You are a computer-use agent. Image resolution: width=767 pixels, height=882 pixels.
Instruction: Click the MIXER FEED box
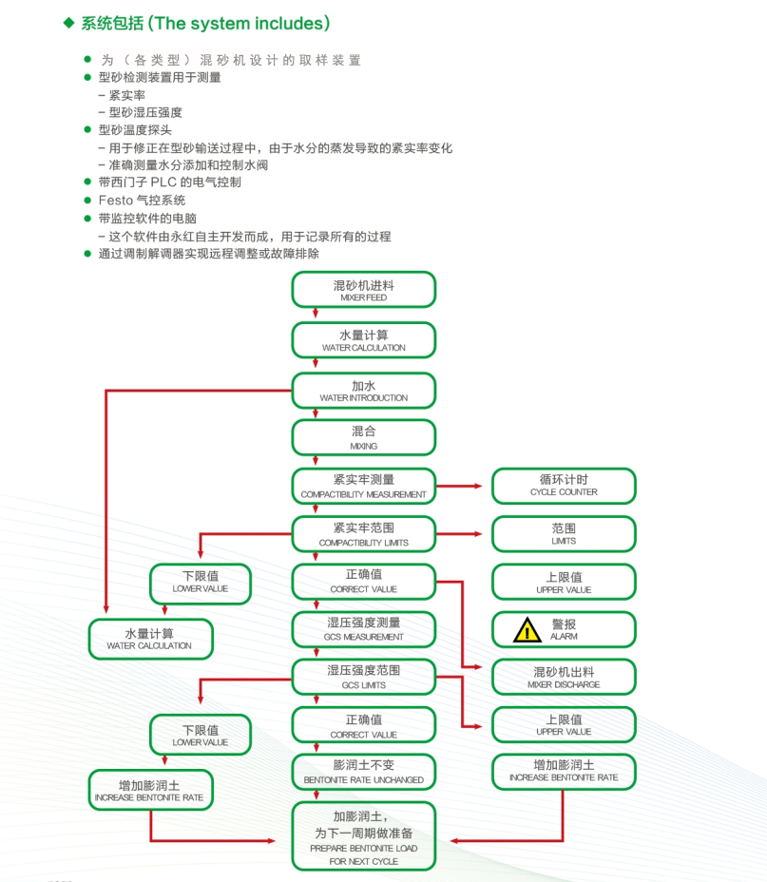coord(364,289)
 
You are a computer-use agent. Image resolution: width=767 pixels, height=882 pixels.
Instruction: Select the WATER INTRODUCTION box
coord(364,391)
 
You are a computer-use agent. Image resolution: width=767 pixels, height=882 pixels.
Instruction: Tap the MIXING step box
coord(364,437)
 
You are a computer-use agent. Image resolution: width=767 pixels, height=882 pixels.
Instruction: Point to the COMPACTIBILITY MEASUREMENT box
coord(364,486)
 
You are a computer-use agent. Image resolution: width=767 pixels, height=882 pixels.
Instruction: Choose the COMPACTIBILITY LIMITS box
coord(364,534)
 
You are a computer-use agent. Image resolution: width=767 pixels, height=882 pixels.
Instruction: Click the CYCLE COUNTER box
coord(564,486)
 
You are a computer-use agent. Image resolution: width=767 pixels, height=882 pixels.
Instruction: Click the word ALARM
coord(565,637)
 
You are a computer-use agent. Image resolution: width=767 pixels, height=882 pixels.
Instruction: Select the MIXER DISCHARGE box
coord(564,677)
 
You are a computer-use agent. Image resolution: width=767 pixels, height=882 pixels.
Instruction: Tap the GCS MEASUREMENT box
coord(364,629)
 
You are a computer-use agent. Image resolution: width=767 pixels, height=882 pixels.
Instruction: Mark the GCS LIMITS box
coord(364,677)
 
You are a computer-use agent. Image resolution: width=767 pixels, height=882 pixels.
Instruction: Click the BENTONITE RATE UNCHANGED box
coord(364,772)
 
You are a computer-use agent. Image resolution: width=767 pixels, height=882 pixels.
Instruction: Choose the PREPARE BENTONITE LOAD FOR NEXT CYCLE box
coord(364,836)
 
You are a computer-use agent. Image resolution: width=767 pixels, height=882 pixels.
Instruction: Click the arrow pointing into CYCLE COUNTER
coord(480,486)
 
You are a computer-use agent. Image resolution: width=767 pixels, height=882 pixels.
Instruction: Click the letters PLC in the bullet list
coord(166,182)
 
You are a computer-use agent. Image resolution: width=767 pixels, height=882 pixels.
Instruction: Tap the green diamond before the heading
coord(68,22)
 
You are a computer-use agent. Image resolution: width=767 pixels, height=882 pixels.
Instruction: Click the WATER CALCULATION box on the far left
coord(151,639)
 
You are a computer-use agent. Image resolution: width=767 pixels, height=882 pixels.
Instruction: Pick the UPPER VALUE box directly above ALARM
coord(564,582)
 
